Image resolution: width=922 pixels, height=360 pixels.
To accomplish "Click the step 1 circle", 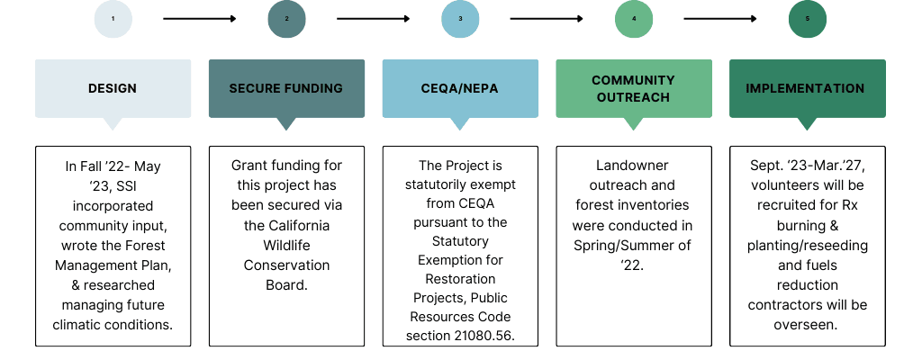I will click(x=113, y=19).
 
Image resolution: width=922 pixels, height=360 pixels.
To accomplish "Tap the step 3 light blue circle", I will click(x=460, y=19).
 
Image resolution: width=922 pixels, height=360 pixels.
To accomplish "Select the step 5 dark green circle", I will click(x=808, y=19).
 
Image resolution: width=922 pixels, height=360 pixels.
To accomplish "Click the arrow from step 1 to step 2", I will click(x=199, y=19).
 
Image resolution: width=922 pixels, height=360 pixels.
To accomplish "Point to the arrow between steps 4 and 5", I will click(x=720, y=19).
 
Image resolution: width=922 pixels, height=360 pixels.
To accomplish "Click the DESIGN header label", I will click(x=113, y=88).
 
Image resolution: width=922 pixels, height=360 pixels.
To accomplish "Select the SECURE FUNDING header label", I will click(x=286, y=88).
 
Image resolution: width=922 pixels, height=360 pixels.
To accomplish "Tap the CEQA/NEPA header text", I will click(x=460, y=88).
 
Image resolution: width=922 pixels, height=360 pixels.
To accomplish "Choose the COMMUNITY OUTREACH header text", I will click(x=634, y=88).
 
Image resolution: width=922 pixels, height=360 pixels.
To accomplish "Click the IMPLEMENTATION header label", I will click(x=808, y=88).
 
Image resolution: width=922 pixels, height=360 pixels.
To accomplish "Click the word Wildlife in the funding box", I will click(x=286, y=246).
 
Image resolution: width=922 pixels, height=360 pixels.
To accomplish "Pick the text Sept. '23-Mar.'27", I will click(x=808, y=166).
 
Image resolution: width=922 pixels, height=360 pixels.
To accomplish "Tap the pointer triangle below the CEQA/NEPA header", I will click(x=460, y=124).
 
